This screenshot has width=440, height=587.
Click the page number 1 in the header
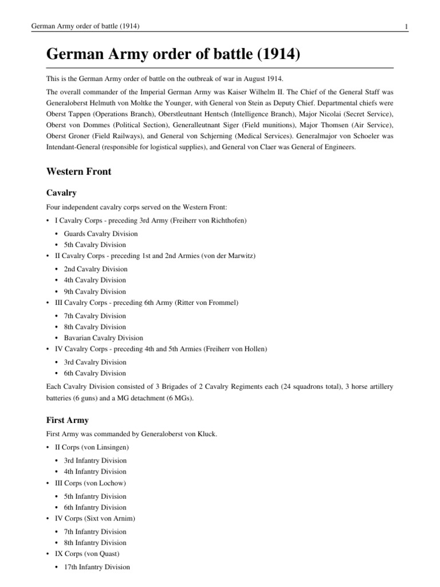click(x=406, y=26)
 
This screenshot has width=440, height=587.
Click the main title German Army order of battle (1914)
click(x=174, y=56)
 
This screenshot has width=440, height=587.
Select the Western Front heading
click(x=78, y=171)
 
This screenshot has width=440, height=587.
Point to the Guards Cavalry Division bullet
click(x=101, y=233)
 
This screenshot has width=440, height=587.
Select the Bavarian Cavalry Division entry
click(x=104, y=338)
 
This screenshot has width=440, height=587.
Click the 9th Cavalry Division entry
click(x=95, y=291)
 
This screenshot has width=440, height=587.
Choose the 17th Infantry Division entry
click(x=97, y=567)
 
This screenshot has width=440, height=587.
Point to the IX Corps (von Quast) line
click(x=85, y=554)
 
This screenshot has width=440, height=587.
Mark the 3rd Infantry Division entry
click(x=95, y=460)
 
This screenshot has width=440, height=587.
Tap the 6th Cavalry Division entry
click(x=95, y=373)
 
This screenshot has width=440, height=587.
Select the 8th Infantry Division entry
click(x=95, y=542)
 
